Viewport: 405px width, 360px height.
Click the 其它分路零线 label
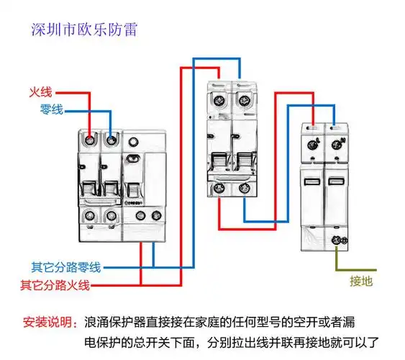60,266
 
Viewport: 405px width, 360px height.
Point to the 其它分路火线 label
55,284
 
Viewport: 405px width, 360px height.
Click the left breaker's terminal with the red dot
88,140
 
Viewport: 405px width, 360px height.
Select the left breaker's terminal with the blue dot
111,140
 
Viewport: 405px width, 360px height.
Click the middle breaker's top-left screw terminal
219,100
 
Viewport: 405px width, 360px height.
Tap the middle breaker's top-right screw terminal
242,100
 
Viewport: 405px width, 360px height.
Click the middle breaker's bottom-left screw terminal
219,189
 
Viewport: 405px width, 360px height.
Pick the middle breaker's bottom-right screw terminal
242,189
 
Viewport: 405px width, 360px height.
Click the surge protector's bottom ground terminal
335,240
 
